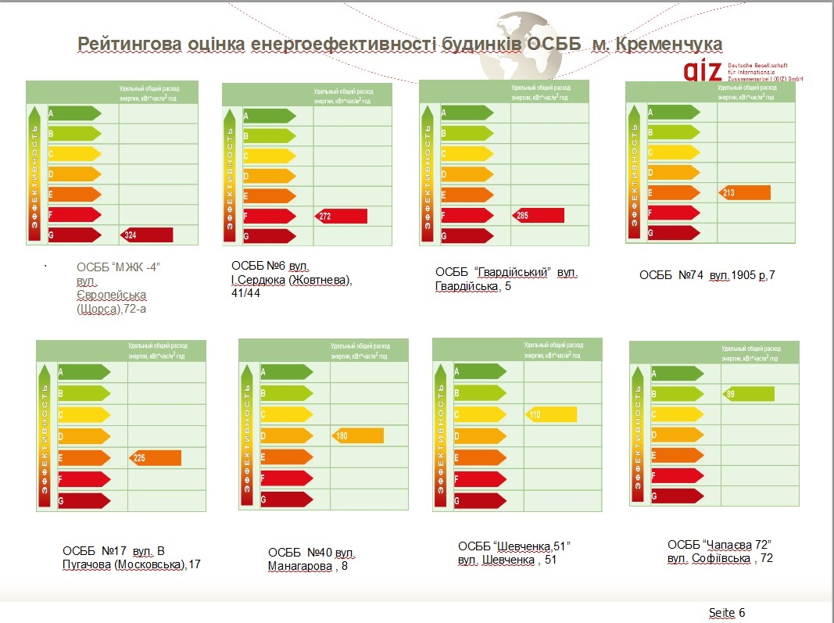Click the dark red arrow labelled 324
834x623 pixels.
click(147, 235)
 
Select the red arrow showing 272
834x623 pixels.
click(341, 216)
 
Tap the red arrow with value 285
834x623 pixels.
click(538, 215)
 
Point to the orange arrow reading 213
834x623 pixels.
click(745, 192)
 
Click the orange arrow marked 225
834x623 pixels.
click(155, 458)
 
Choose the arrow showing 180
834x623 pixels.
click(358, 435)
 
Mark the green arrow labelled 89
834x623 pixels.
click(748, 394)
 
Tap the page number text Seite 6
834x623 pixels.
click(727, 612)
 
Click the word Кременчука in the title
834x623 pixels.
click(669, 44)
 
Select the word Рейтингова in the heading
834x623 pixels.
click(129, 44)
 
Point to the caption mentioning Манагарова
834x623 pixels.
click(312, 560)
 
